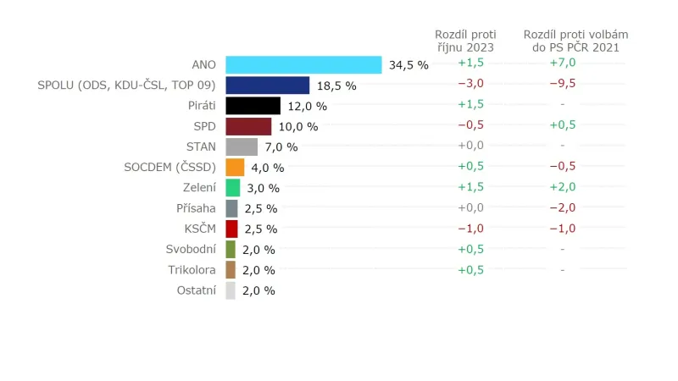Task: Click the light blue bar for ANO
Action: point(303,64)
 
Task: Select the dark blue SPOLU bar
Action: point(267,85)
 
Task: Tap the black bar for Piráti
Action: point(253,106)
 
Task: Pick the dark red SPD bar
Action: point(248,126)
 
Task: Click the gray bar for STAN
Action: point(242,146)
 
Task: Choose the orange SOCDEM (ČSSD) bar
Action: point(235,167)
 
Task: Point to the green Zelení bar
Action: point(233,188)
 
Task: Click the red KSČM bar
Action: point(231,229)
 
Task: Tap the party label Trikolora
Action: point(192,270)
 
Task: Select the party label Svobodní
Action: point(191,250)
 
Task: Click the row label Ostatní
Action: point(195,290)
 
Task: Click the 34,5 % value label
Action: point(408,65)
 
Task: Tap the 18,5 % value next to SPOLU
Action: point(336,86)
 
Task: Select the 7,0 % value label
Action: point(281,147)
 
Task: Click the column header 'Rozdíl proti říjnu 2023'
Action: point(464,41)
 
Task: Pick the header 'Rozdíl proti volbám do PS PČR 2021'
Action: point(575,41)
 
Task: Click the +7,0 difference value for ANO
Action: point(562,63)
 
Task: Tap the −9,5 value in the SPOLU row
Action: point(562,84)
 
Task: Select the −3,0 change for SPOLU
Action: point(470,84)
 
